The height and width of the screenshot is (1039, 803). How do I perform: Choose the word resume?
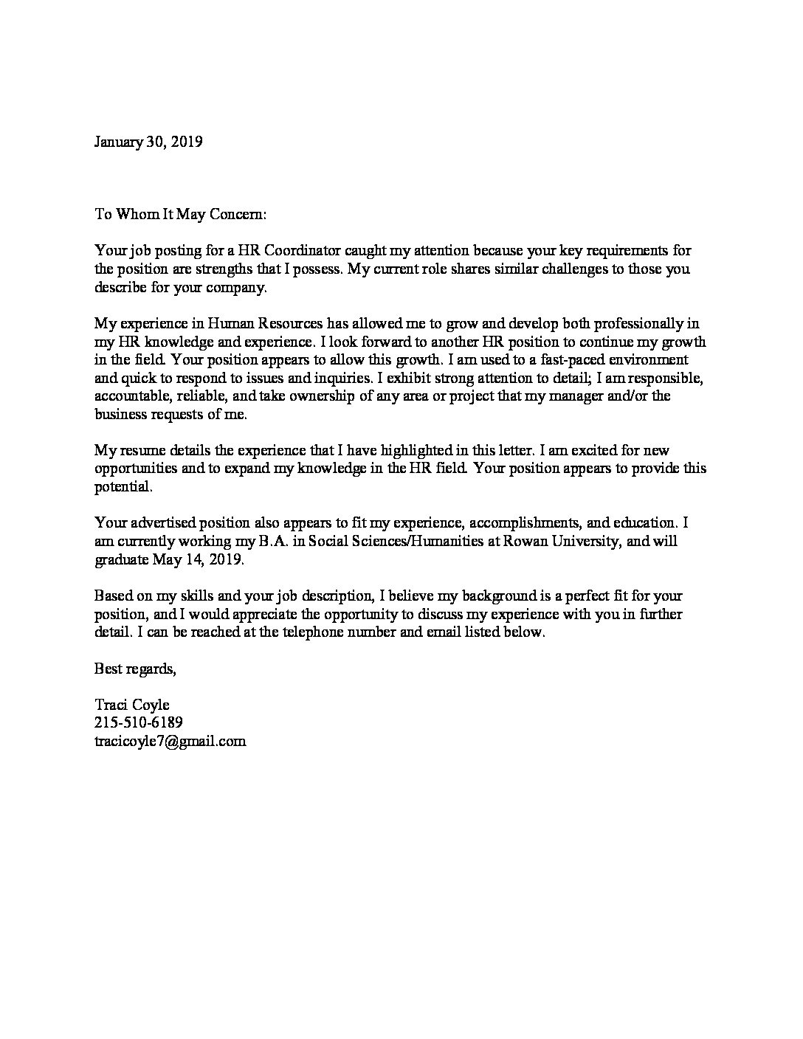141,450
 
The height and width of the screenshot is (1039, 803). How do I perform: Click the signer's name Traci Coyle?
131,705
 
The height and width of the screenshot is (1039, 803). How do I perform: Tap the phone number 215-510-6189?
139,723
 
